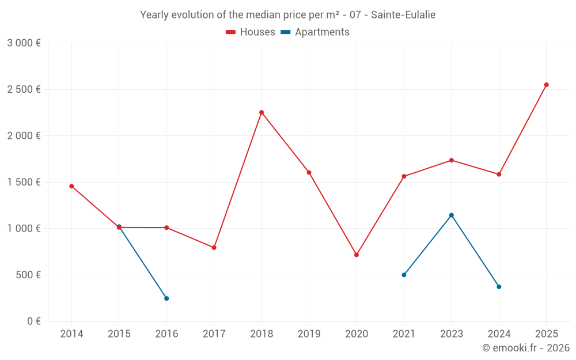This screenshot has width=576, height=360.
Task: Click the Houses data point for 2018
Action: [262, 112]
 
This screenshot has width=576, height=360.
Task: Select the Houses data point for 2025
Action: [547, 85]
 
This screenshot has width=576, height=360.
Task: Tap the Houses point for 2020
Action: [357, 255]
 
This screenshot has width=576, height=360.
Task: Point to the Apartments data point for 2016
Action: [166, 298]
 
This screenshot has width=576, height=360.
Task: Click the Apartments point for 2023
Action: [452, 215]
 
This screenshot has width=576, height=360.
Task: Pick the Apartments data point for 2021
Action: [404, 275]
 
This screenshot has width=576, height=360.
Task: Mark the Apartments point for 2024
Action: [499, 287]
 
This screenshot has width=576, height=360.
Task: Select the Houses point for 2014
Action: [71, 186]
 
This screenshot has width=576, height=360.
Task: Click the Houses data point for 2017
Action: [214, 248]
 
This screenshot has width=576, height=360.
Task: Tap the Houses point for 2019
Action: [309, 172]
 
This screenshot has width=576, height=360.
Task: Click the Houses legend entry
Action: [251, 32]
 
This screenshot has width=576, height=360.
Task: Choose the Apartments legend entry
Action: [315, 32]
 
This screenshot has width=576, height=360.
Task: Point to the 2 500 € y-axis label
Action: [24, 89]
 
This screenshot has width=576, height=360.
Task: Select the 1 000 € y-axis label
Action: [24, 228]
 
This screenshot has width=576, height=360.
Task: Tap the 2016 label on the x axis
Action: [166, 334]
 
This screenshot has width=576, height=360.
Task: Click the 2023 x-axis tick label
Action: [452, 334]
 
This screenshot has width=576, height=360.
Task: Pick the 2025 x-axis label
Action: [547, 334]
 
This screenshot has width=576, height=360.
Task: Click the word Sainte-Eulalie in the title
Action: [403, 14]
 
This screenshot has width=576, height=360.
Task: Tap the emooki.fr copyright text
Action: [525, 348]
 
